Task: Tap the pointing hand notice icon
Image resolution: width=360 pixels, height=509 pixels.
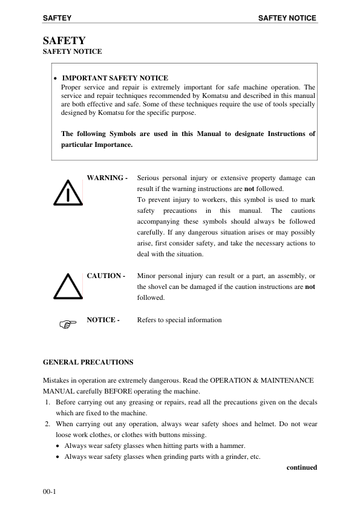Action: [x=69, y=325]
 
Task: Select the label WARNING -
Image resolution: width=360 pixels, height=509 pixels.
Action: [x=107, y=178]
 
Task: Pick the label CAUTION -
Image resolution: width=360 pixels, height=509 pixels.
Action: [x=106, y=276]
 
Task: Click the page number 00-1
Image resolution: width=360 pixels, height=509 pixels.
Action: [x=49, y=493]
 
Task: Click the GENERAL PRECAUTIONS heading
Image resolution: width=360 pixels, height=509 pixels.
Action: [x=88, y=362]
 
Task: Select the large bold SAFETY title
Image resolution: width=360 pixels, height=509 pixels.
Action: [x=64, y=41]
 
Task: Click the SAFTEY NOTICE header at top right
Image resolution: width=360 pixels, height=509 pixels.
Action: [x=287, y=18]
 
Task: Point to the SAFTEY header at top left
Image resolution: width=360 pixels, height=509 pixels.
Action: [x=57, y=18]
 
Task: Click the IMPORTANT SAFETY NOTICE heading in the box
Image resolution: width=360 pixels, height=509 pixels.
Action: [x=115, y=78]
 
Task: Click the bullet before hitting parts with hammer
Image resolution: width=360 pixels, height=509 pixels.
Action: [x=58, y=446]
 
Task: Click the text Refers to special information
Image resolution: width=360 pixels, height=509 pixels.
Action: [x=180, y=320]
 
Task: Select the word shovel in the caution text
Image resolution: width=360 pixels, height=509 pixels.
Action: [x=157, y=287]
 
